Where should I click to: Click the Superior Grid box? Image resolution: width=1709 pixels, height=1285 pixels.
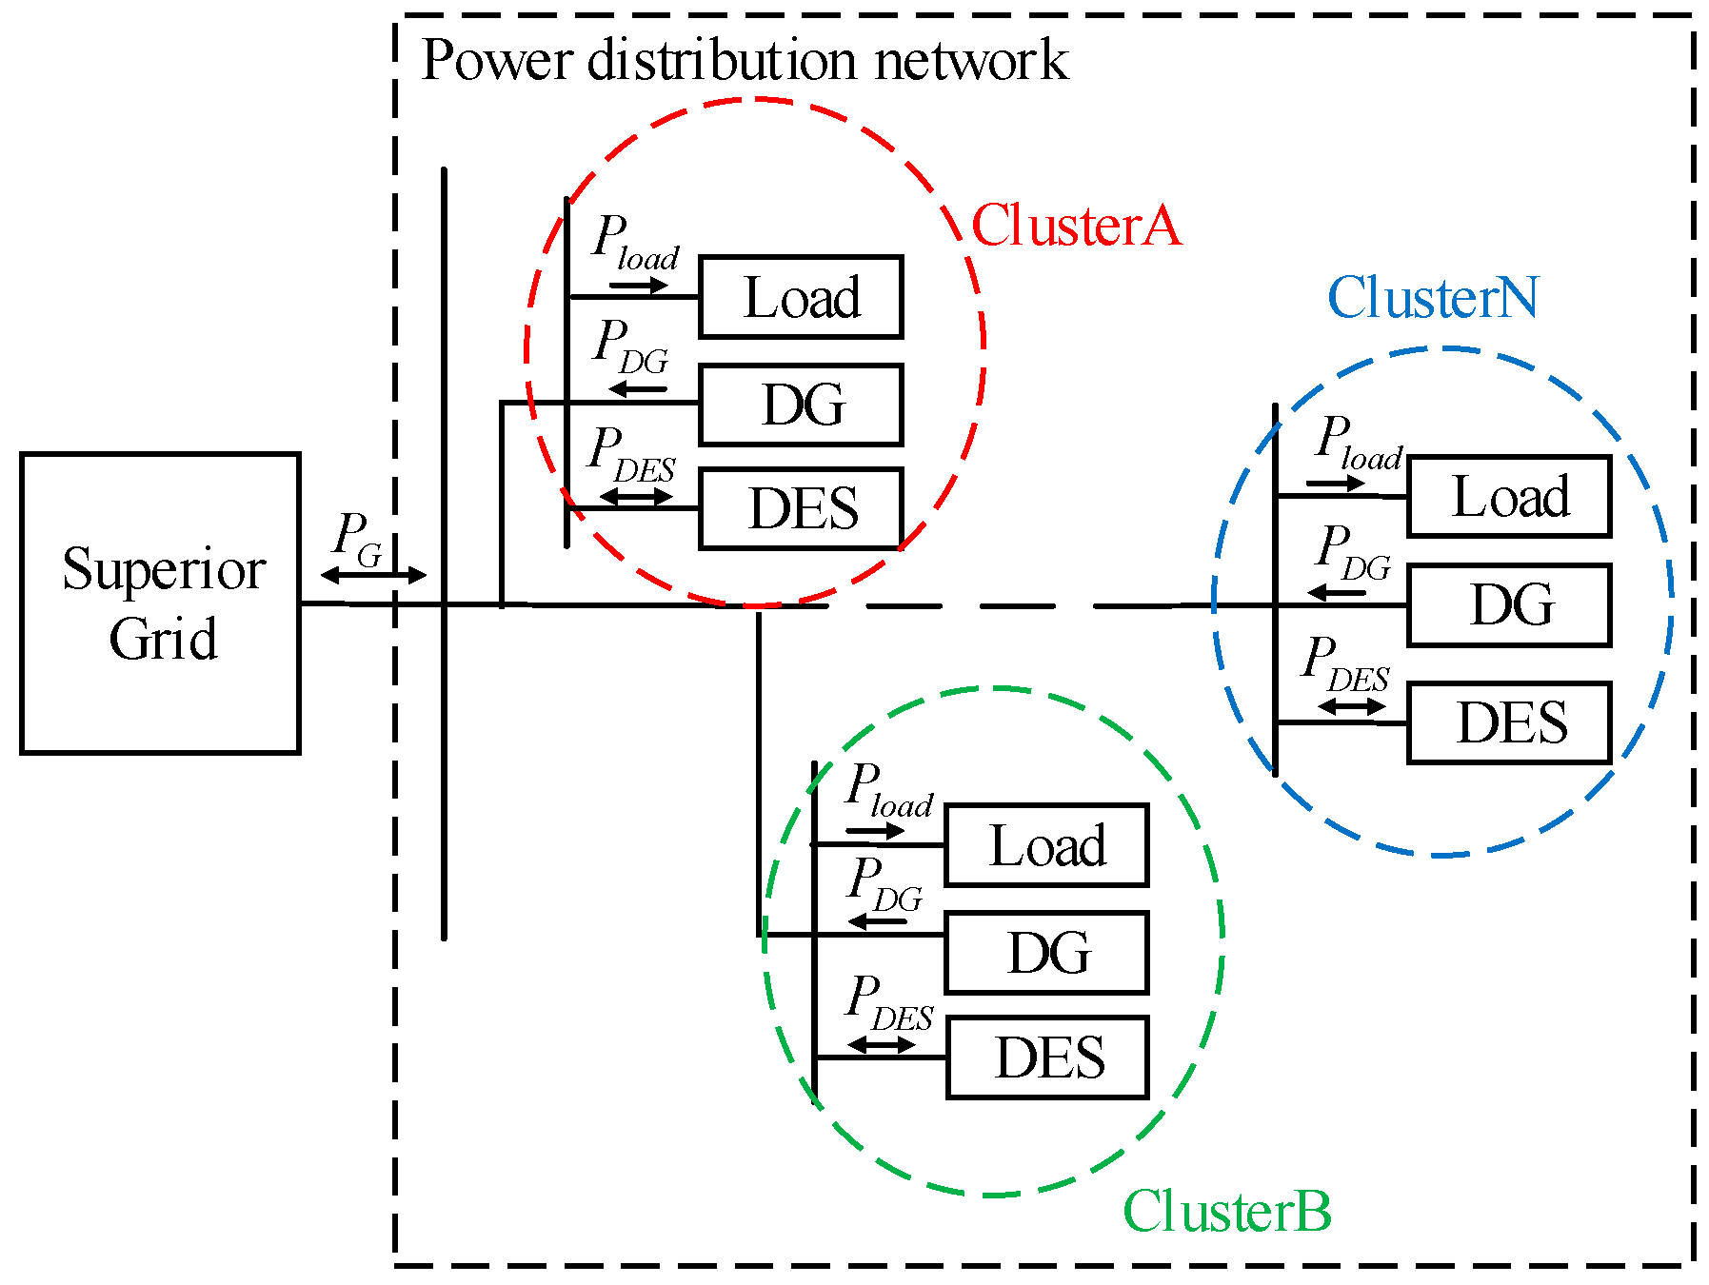click(160, 603)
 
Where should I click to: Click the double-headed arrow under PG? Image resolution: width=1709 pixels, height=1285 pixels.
click(373, 575)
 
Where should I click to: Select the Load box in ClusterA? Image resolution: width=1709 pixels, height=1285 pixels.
click(801, 297)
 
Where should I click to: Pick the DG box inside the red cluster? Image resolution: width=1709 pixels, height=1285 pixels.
click(801, 405)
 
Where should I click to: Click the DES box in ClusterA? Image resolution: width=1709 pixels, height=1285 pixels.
click(801, 508)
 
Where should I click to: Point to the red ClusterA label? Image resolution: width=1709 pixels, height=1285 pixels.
click(1076, 227)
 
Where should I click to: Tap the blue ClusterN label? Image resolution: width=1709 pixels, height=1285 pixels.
click(1433, 298)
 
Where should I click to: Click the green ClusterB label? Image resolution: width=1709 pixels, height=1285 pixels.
click(1226, 1212)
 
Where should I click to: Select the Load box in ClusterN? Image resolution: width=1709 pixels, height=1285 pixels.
click(1509, 497)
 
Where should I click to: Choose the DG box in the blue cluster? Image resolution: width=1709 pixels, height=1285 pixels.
click(1509, 605)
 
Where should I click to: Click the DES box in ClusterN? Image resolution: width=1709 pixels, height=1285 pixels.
click(1509, 722)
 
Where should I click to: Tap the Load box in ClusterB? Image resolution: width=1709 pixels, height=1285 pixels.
click(1046, 845)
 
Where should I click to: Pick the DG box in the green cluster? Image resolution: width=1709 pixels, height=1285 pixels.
click(1046, 953)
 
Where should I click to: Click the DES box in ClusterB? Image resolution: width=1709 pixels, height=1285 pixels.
click(1047, 1058)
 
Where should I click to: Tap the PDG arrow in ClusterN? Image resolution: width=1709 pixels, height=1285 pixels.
click(1338, 594)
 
